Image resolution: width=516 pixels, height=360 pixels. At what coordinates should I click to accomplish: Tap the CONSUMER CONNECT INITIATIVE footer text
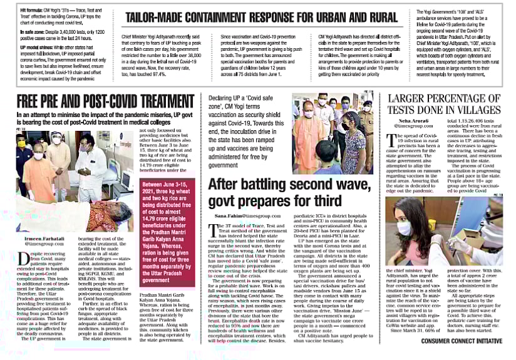[x=462, y=341]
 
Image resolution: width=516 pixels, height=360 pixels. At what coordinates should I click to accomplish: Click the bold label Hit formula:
[x=16, y=12]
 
